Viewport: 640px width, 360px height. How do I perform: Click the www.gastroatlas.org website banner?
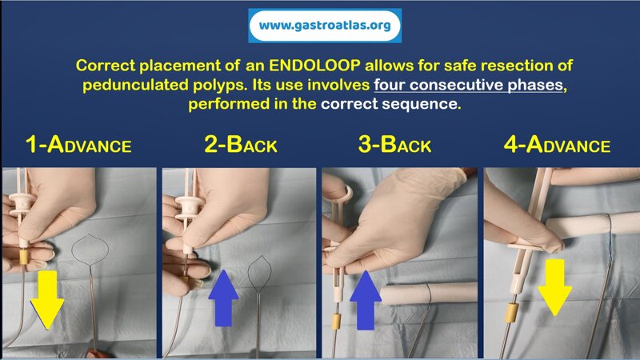point(325,26)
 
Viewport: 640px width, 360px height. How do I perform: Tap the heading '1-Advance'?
point(78,146)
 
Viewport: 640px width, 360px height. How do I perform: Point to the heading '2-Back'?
point(239,146)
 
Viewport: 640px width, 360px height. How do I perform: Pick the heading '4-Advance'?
point(557,146)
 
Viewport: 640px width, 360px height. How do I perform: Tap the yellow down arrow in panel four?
point(554,286)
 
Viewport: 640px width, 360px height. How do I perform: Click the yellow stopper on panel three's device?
point(337,326)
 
